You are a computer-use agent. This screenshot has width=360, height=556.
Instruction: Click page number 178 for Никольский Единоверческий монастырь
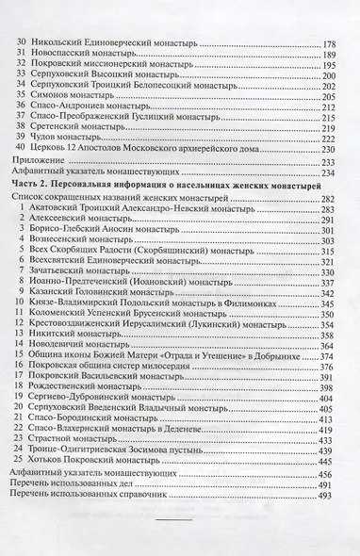tap(331, 44)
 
